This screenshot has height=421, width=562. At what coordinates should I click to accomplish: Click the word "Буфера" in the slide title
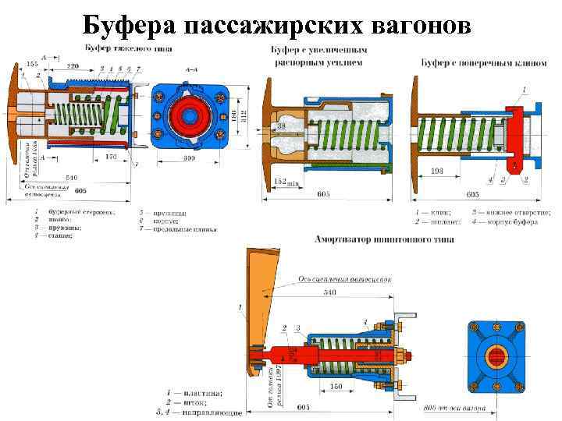coord(128,25)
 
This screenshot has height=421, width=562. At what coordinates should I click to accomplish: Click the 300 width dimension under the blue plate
coord(188,159)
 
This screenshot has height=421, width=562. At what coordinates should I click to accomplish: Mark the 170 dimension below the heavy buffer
coord(111,157)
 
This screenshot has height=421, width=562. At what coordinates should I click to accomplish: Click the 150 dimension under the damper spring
coord(335,387)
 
